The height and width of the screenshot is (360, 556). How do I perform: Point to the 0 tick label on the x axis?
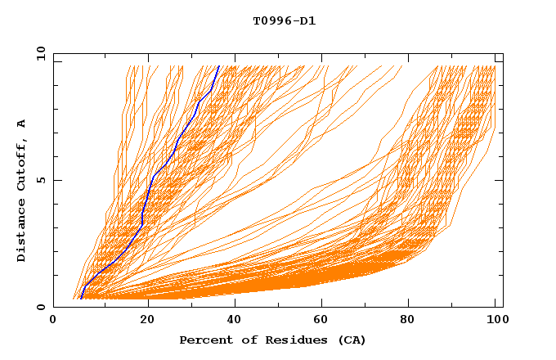click(x=53, y=321)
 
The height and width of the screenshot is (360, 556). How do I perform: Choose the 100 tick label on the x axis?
click(x=496, y=321)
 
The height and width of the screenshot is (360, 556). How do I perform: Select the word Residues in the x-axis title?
click(x=287, y=340)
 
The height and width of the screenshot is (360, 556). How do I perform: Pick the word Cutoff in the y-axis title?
click(x=21, y=164)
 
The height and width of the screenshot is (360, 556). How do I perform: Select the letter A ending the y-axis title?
click(x=21, y=123)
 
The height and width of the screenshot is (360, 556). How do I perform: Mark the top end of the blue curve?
click(x=219, y=65)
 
